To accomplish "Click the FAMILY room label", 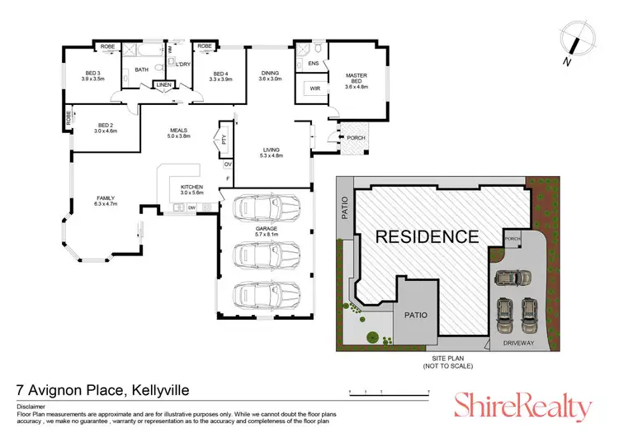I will tap(106, 198).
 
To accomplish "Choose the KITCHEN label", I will tap(191, 187).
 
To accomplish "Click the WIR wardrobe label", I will tap(315, 87).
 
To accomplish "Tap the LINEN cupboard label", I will tap(164, 84).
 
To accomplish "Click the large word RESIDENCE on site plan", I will tap(427, 236).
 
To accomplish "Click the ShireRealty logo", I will tap(522, 405).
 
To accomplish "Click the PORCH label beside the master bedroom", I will tap(357, 137).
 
